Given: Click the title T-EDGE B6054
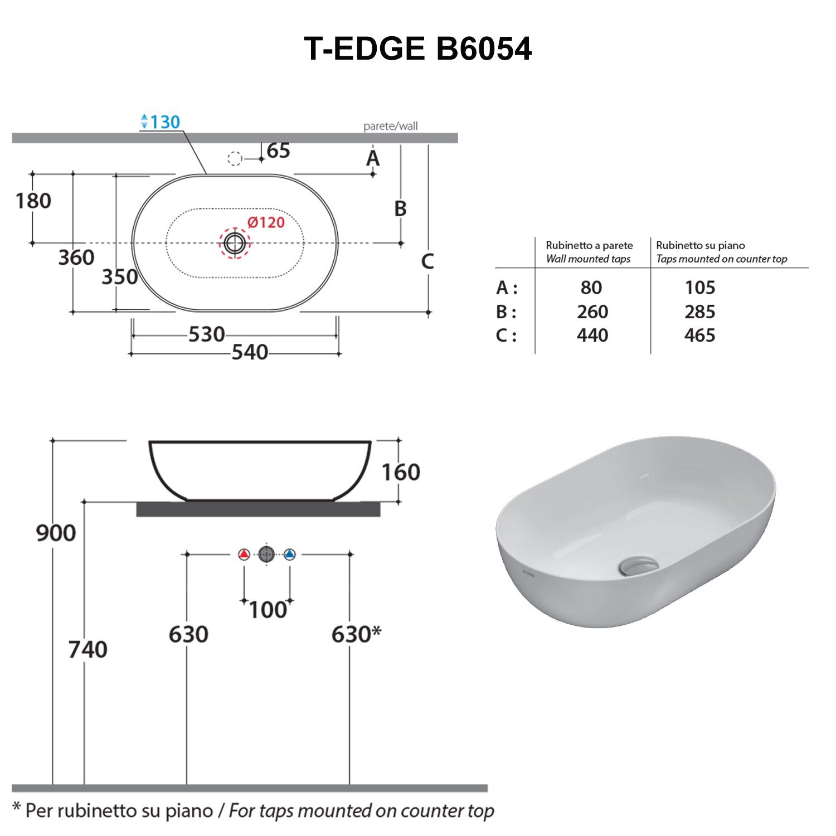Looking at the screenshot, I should [417, 48].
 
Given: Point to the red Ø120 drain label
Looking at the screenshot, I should [266, 222].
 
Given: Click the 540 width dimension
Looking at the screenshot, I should [250, 352].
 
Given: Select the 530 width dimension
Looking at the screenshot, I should [206, 334].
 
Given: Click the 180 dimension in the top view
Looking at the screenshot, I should [33, 201].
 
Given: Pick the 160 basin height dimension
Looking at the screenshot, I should [401, 472].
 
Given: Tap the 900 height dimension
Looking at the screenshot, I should [56, 533].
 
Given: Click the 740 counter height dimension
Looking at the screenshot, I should [88, 649].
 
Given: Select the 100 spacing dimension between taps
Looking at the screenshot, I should [268, 610].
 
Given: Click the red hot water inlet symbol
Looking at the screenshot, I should [244, 555].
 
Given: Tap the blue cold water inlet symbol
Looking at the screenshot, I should [289, 555].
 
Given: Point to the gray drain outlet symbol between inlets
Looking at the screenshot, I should [266, 555].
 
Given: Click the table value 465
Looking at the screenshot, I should [699, 336].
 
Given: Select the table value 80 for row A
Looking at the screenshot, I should [591, 288].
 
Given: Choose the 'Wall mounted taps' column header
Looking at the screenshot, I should [589, 259].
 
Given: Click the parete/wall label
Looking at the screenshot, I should [390, 126].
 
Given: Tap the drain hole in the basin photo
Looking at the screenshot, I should [638, 566].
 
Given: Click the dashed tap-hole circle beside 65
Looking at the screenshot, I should [235, 159].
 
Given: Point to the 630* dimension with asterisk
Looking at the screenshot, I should [356, 634].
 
